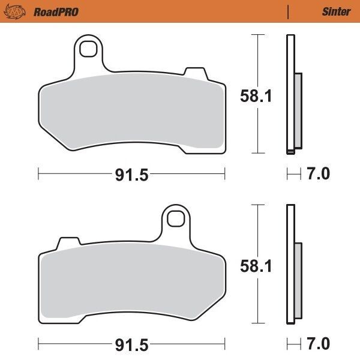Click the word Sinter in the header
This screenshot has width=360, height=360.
pyautogui.click(x=335, y=11)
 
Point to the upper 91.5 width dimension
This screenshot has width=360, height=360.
pyautogui.click(x=131, y=175)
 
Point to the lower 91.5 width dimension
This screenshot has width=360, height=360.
pyautogui.click(x=131, y=345)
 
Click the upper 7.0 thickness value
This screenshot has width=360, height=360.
pyautogui.click(x=318, y=175)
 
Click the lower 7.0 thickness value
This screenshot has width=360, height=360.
pyautogui.click(x=318, y=345)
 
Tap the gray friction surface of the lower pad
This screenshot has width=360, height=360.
pyautogui.click(x=132, y=279)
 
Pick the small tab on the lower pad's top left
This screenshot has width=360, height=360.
pyautogui.click(x=69, y=244)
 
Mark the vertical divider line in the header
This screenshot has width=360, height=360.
pyautogui.click(x=289, y=11)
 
